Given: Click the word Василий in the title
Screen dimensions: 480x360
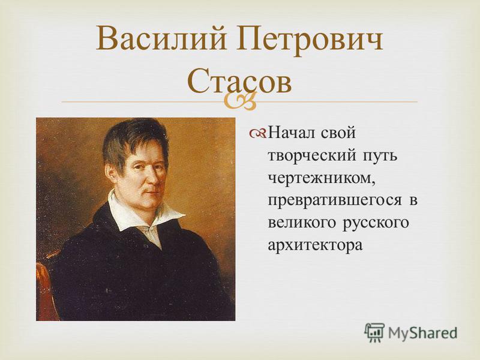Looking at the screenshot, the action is coord(161,40).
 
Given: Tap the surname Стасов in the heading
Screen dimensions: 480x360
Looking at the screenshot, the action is coord(239,80).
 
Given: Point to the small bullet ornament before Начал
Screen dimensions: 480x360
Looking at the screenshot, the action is coord(258,133).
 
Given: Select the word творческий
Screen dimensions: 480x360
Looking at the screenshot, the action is coord(312,155).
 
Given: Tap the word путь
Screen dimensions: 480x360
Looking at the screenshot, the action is coord(380,156).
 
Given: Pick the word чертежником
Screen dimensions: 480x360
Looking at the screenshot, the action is coord(322,178).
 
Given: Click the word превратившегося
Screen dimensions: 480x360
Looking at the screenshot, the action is coord(335,200).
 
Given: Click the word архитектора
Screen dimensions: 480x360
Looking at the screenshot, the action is coord(316,245).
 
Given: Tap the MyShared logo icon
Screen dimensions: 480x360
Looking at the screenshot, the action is coord(374,332).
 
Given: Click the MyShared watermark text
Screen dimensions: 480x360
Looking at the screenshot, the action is coord(422,332).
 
